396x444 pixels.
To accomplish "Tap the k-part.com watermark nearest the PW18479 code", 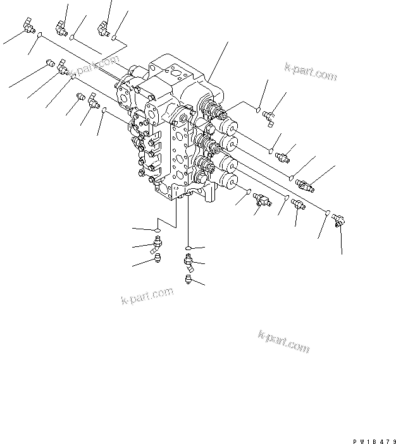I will [x=283, y=341].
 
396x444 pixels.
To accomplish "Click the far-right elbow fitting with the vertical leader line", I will [x=338, y=220].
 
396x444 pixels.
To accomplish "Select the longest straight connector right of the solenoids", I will [x=304, y=186].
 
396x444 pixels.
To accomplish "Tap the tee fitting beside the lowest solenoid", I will [x=261, y=200].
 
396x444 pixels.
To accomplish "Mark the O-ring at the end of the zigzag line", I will [x=156, y=229].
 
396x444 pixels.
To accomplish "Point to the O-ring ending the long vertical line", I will [x=189, y=246].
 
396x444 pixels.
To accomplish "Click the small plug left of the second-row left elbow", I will [x=50, y=63].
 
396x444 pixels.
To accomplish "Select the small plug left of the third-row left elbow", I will [x=80, y=97].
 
